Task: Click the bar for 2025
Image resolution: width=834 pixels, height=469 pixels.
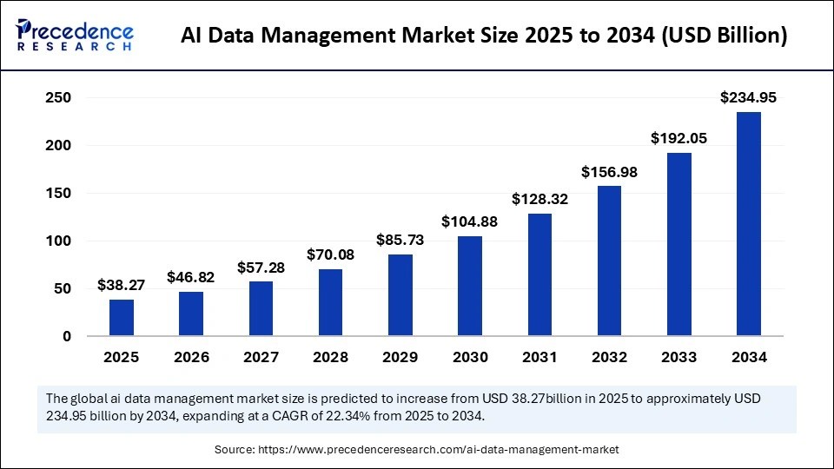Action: [x=122, y=317]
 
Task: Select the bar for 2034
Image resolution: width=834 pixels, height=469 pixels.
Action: [x=749, y=223]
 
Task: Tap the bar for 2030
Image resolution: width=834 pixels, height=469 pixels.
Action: [x=470, y=286]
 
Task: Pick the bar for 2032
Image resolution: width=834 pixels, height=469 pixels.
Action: [x=610, y=261]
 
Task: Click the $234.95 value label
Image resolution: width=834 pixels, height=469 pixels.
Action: [x=749, y=98]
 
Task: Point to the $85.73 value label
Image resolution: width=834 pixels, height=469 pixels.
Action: [x=400, y=240]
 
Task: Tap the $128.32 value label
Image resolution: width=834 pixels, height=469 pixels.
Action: [x=539, y=199]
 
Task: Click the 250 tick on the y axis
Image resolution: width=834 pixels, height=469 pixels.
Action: [x=57, y=98]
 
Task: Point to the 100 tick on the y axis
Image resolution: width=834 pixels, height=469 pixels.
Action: [x=57, y=241]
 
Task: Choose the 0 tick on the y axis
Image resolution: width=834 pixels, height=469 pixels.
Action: [x=66, y=336]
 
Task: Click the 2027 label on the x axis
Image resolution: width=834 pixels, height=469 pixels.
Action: [x=261, y=357]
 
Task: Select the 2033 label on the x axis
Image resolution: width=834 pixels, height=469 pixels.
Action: [x=679, y=357]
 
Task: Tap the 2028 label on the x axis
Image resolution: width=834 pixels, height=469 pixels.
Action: [x=331, y=357]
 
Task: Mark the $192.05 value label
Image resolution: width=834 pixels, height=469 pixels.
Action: [x=679, y=138]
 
